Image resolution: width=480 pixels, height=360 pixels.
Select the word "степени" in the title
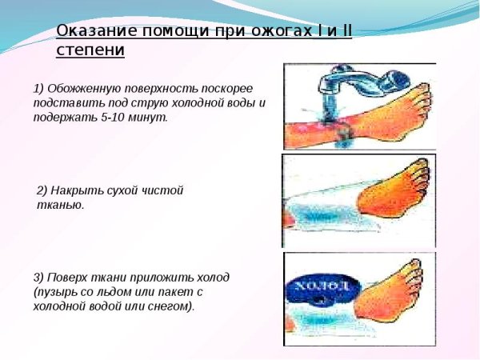(90, 50)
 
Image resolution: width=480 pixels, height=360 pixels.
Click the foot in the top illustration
(400, 112)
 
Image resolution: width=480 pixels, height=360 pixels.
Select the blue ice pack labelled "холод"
(320, 288)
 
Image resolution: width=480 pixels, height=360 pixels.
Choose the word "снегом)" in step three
(172, 306)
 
